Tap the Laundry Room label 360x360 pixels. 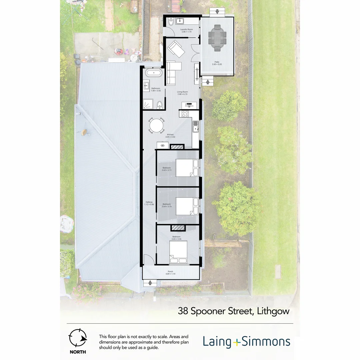pyautogui.click(x=187, y=29)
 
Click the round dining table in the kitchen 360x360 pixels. pyautogui.click(x=156, y=126)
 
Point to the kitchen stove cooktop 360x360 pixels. pyautogui.click(x=184, y=114)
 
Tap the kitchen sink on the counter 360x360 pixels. pyautogui.click(x=195, y=126)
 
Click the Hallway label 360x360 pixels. pyautogui.click(x=149, y=202)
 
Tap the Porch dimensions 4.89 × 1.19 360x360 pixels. pyautogui.click(x=170, y=274)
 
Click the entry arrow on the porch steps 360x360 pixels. pyautogui.click(x=150, y=283)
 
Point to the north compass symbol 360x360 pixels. pyautogui.click(x=77, y=338)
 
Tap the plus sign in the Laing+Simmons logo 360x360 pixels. pyautogui.click(x=236, y=342)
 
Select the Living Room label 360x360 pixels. pyautogui.click(x=182, y=92)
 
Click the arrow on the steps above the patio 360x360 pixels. pyautogui.click(x=217, y=12)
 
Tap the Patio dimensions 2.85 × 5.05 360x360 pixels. pyautogui.click(x=217, y=64)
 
